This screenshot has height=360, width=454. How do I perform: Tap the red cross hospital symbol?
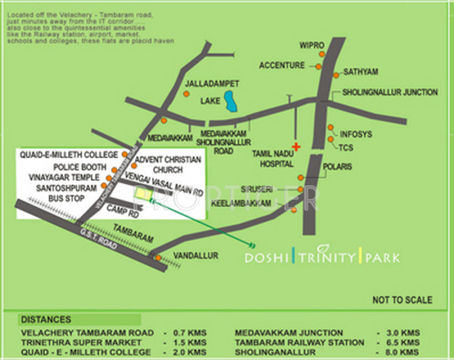tap(297, 146)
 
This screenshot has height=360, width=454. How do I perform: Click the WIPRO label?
tap(312, 46)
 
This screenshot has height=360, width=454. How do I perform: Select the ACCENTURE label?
tap(281, 66)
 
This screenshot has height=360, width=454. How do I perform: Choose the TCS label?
tap(347, 147)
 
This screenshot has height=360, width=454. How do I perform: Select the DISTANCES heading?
tap(46, 319)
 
